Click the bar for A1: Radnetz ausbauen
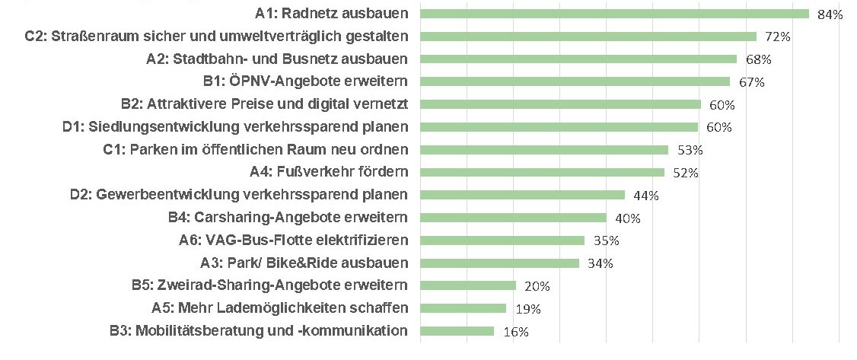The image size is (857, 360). (x=613, y=14)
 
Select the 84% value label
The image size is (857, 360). (x=830, y=15)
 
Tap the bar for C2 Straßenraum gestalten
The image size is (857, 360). (x=588, y=37)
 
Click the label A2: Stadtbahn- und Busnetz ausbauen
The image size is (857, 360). (x=276, y=59)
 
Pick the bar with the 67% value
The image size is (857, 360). (x=575, y=81)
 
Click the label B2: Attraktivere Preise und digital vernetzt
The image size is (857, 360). (x=264, y=104)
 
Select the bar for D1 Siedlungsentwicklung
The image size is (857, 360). (x=559, y=127)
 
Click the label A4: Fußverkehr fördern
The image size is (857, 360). (x=328, y=172)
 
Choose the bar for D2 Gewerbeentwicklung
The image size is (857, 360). (x=522, y=195)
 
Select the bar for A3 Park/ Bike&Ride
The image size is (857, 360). (x=499, y=263)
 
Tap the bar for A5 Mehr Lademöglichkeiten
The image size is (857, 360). (x=463, y=308)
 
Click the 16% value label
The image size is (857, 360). (x=516, y=332)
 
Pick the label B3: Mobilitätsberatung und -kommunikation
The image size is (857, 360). (x=259, y=330)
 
